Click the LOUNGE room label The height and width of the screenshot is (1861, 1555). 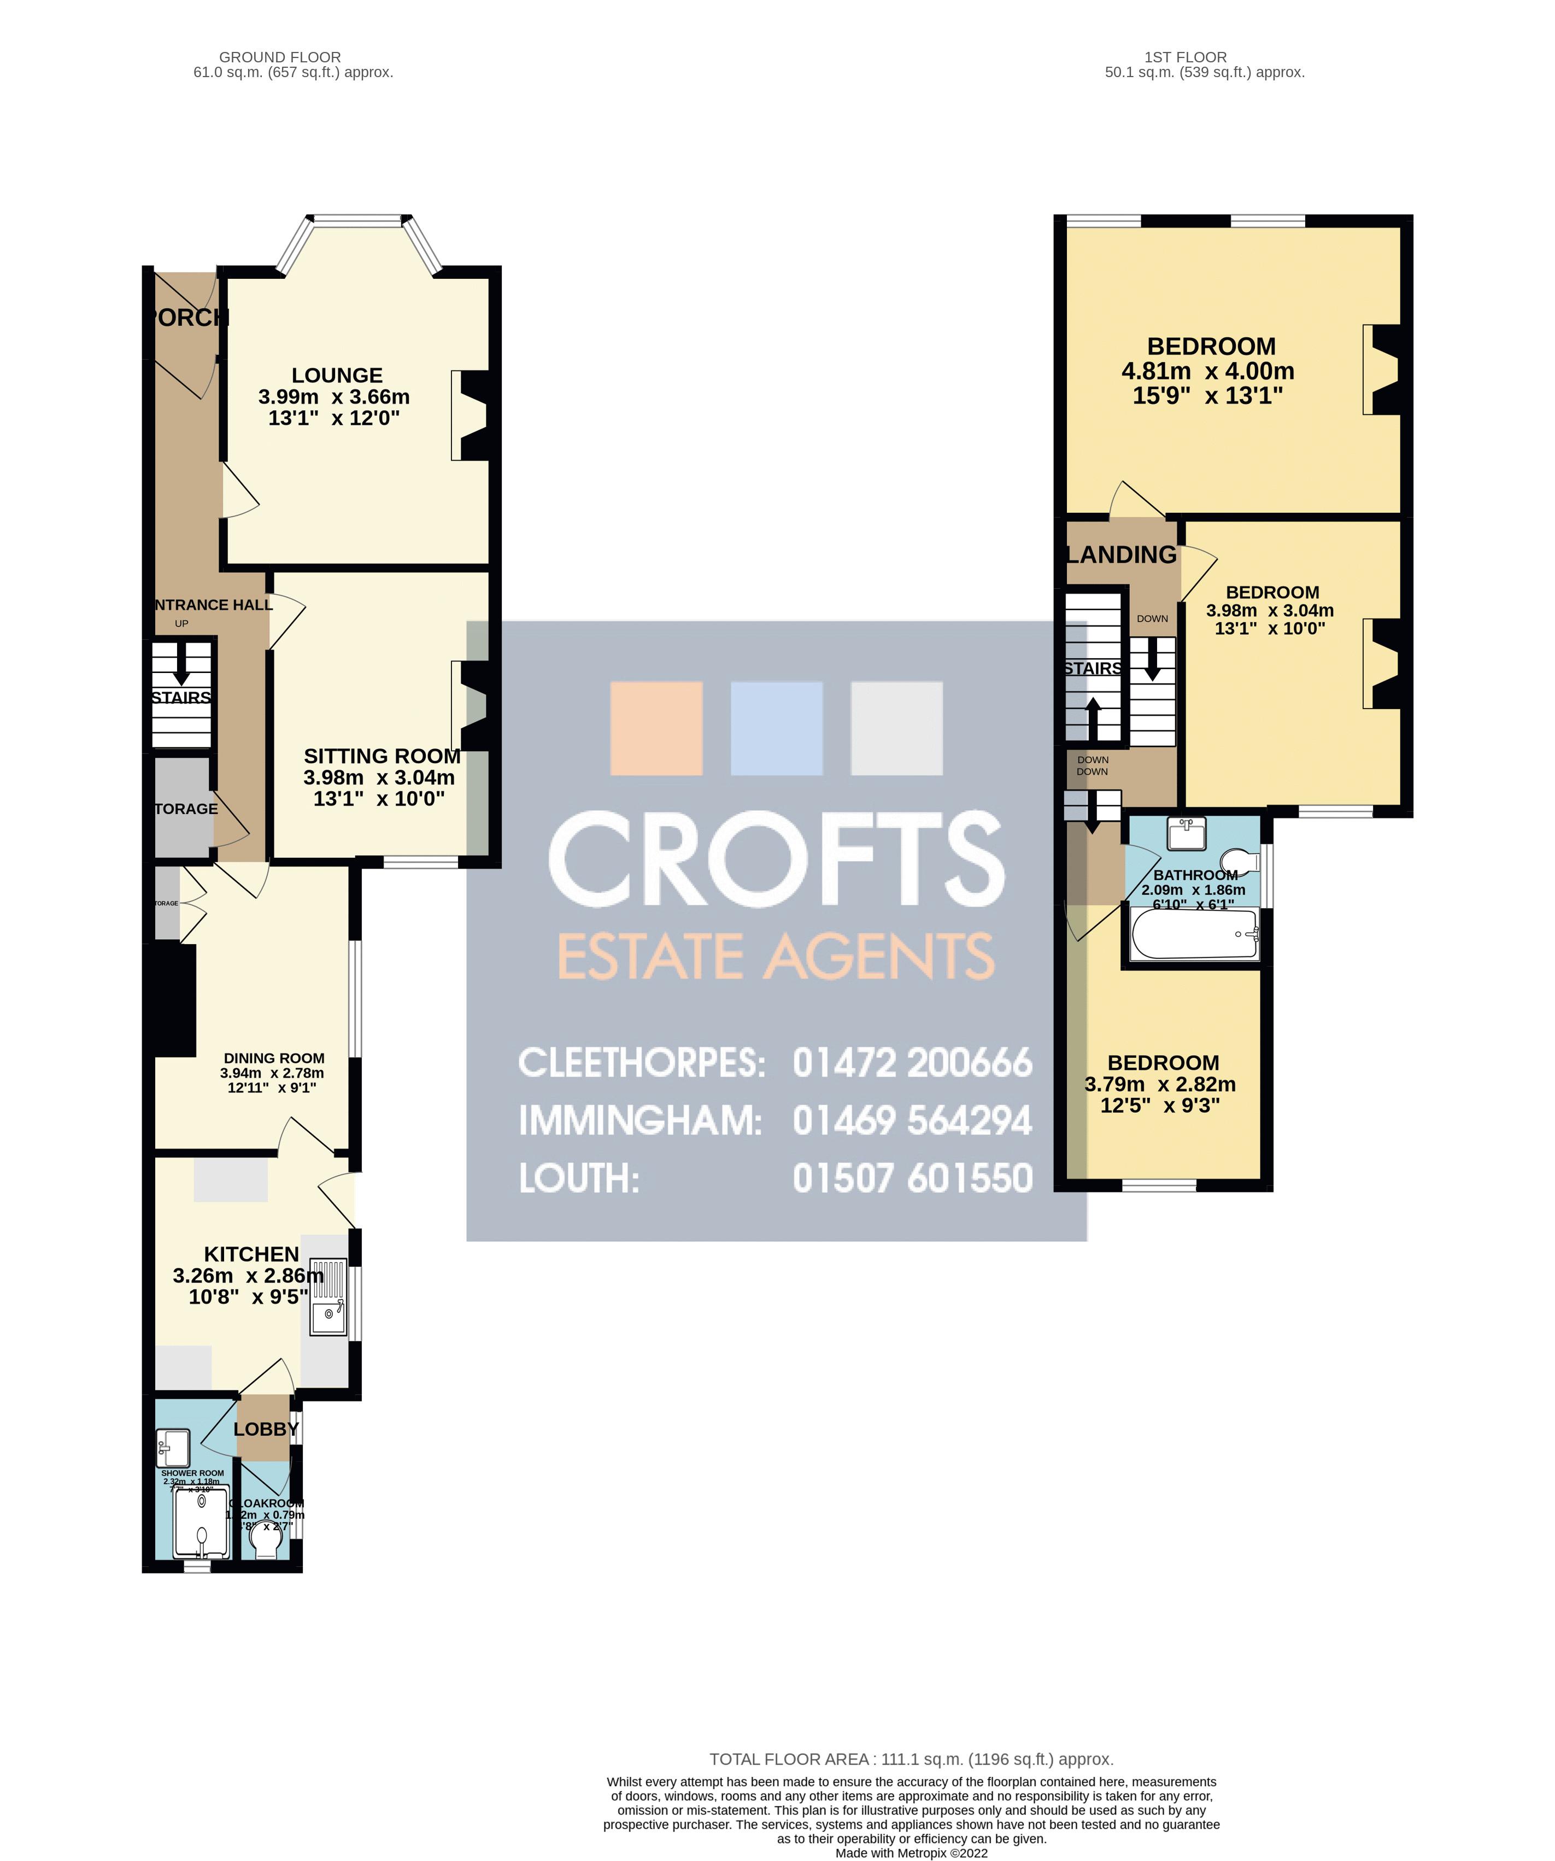tap(337, 376)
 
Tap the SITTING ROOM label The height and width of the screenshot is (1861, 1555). tap(382, 756)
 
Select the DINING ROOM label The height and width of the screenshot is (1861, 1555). tap(274, 1058)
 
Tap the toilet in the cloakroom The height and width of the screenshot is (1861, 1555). tap(266, 1547)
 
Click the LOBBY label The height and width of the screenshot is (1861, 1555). tap(266, 1429)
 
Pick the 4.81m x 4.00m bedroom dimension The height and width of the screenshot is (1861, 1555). tap(1208, 371)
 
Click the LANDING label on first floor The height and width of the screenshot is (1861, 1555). tap(1121, 555)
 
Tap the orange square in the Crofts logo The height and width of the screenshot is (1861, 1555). tap(656, 728)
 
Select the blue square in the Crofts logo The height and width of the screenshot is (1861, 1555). tap(776, 728)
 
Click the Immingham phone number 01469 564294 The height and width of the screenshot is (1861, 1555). tap(913, 1121)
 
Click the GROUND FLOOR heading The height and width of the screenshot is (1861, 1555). tap(280, 57)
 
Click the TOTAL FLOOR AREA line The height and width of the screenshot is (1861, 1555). tap(911, 1759)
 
